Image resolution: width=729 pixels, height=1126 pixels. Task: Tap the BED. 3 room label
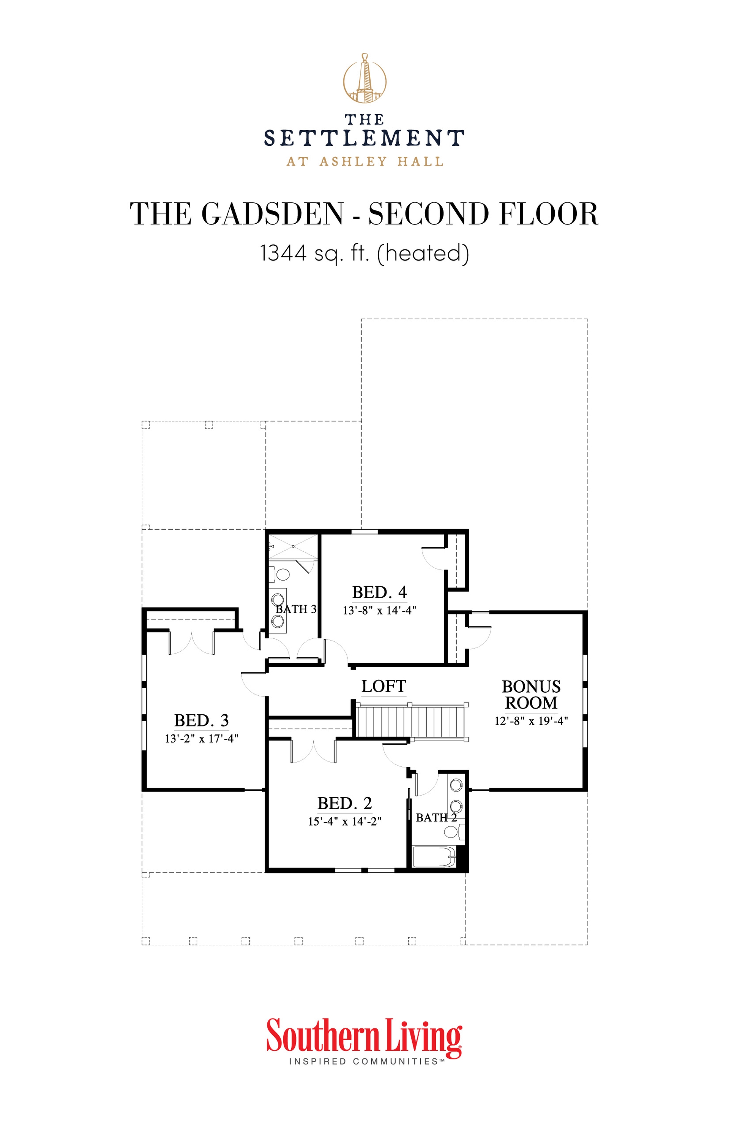click(201, 720)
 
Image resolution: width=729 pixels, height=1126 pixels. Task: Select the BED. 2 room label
click(344, 803)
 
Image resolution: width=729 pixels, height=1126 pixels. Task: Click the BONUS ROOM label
click(531, 695)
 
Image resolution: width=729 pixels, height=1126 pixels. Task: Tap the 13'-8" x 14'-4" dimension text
click(379, 610)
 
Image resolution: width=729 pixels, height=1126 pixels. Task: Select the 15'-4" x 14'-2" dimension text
click(344, 821)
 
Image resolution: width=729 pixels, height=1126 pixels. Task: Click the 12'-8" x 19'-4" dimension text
click(531, 721)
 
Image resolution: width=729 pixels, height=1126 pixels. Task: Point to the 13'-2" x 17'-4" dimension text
click(201, 739)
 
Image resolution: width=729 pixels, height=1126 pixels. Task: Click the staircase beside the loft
click(410, 721)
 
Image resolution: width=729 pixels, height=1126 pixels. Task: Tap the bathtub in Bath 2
click(433, 856)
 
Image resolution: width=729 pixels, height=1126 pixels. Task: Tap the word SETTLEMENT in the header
click(364, 138)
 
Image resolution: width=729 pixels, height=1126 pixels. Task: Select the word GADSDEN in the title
click(273, 214)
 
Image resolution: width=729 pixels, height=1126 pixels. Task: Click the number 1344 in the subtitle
click(283, 253)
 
